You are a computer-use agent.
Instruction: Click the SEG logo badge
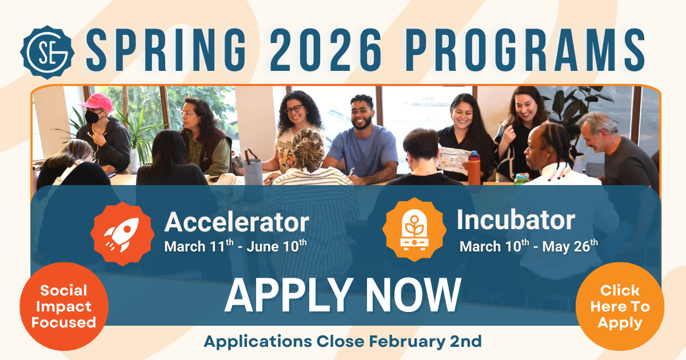tap(47, 53)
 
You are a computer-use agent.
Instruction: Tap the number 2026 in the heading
tap(326, 50)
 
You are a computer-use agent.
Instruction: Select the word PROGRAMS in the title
tap(525, 50)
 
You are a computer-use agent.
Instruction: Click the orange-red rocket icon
tap(122, 234)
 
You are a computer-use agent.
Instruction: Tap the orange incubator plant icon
tap(414, 230)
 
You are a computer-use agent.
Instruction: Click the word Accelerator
tap(237, 222)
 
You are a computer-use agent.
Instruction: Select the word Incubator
tap(516, 220)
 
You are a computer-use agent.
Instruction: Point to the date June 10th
tap(277, 246)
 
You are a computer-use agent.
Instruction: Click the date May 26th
tap(570, 246)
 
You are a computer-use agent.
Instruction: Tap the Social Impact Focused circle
tap(64, 306)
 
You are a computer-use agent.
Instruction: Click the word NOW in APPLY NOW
tap(413, 296)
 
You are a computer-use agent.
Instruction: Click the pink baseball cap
tap(97, 102)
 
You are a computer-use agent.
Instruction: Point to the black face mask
tap(92, 117)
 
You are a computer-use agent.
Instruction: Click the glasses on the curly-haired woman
tap(293, 109)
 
